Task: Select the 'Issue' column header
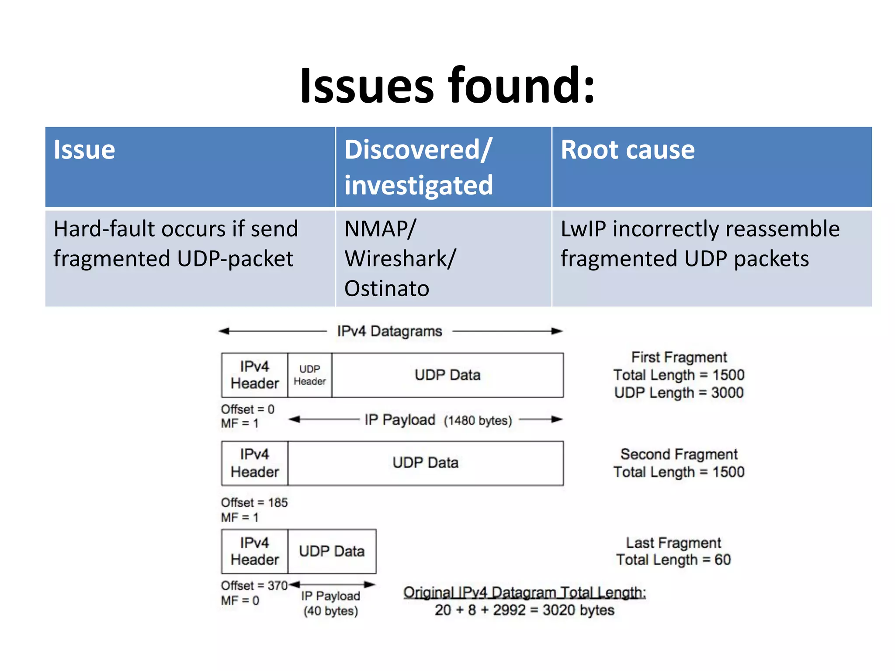point(84,150)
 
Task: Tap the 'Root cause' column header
point(627,150)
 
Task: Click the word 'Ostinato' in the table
point(386,288)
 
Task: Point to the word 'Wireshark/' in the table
point(400,259)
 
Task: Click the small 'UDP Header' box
point(309,375)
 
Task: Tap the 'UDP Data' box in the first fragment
point(447,375)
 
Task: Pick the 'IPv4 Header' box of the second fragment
point(254,463)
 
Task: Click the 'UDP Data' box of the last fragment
point(332,551)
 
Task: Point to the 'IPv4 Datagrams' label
point(389,331)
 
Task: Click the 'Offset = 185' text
point(254,503)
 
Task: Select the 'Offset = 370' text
point(254,586)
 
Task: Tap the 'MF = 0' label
point(240,601)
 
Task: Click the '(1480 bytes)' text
point(478,421)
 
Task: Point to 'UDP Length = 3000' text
point(679,393)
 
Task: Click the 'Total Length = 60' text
point(673,560)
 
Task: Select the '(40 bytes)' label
point(331,611)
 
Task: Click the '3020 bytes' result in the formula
point(578,610)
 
